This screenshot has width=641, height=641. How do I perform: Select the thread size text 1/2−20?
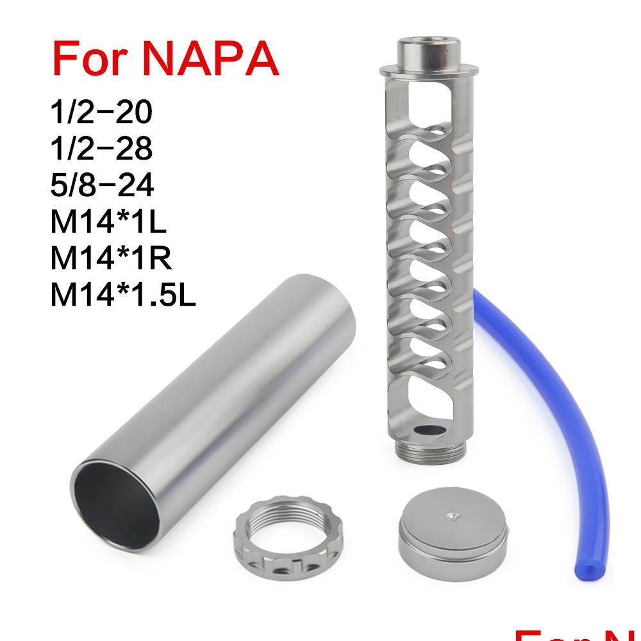pos(101,112)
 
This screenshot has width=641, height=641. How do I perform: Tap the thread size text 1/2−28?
pos(101,149)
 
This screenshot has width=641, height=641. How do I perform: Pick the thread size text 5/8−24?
pos(101,186)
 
